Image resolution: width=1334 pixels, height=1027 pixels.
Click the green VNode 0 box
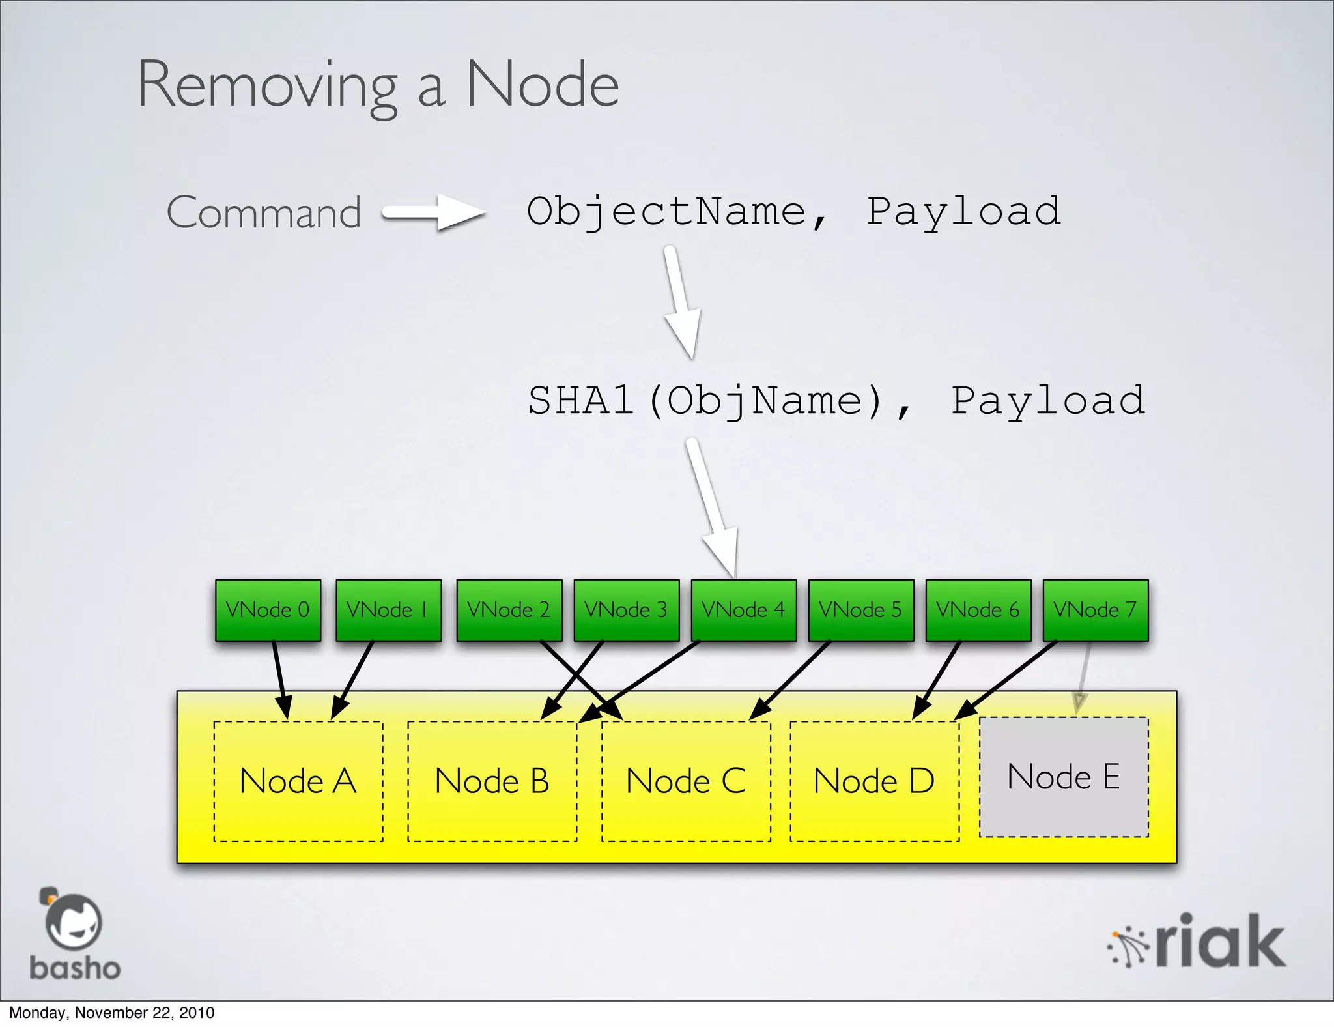[x=268, y=610]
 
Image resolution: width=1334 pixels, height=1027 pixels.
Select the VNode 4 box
[x=743, y=610]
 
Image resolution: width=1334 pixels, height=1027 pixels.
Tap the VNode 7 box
[x=1095, y=610]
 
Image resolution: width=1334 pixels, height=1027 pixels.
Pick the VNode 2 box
[x=509, y=610]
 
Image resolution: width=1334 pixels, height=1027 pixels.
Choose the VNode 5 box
[x=860, y=610]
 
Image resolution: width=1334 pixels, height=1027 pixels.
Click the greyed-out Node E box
[x=1064, y=777]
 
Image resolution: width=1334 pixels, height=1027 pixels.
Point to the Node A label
[x=298, y=781]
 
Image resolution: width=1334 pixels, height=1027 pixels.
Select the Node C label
[x=686, y=781]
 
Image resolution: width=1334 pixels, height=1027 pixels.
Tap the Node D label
[x=874, y=781]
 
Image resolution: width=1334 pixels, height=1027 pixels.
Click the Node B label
[x=492, y=781]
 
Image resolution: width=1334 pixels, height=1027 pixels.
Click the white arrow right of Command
[x=433, y=212]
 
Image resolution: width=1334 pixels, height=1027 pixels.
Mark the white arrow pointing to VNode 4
[x=713, y=508]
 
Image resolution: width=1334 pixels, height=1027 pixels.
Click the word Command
[x=264, y=212]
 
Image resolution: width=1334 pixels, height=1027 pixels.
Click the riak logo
[x=1197, y=942]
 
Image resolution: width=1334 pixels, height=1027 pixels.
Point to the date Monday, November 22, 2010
[x=111, y=1013]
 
